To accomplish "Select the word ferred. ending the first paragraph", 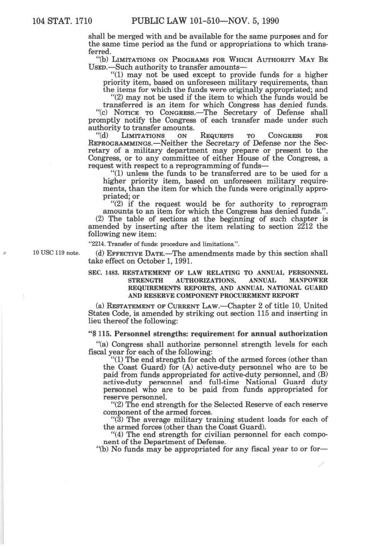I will pos(100,52).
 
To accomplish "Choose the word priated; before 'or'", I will pos(116,196).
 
